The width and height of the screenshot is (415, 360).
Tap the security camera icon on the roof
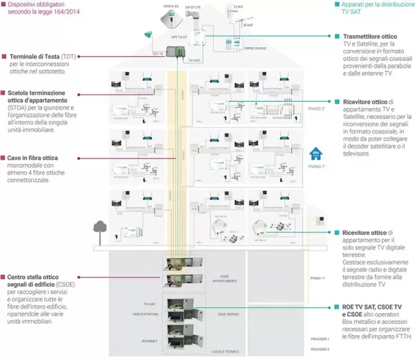(147, 34)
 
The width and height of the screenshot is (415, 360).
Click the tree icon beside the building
(100, 227)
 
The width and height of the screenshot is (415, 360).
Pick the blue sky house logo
(313, 156)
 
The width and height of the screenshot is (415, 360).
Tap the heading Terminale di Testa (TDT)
(39, 57)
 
